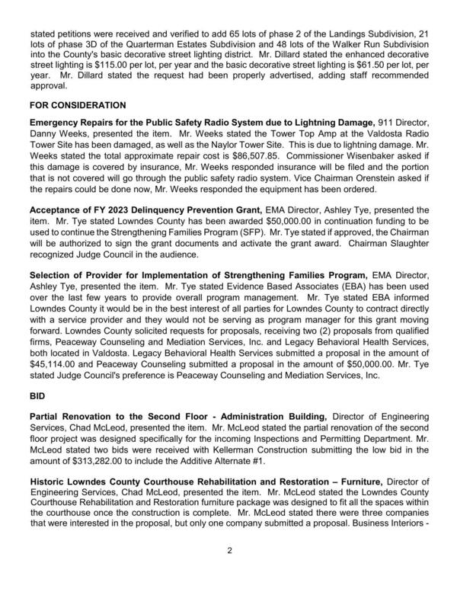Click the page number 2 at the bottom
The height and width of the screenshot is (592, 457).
228,569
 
